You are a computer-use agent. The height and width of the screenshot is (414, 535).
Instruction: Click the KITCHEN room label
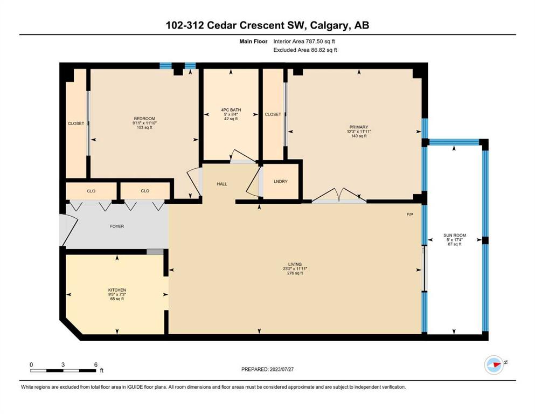click(x=117, y=290)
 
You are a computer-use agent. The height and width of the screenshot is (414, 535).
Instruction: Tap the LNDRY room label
click(x=281, y=182)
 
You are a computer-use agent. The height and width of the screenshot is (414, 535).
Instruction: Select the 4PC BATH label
click(x=231, y=110)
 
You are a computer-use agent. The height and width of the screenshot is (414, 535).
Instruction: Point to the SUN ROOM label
click(x=455, y=235)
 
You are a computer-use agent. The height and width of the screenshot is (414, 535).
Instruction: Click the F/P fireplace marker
click(x=410, y=215)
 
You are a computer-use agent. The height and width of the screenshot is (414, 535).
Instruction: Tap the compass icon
click(x=494, y=364)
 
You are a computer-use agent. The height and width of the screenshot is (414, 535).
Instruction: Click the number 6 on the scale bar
click(x=96, y=364)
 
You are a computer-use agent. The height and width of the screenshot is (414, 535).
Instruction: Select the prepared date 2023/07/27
click(x=281, y=369)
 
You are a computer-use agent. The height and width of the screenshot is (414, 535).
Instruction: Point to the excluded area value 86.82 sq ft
click(x=323, y=50)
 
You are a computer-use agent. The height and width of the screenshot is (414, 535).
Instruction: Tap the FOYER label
click(x=117, y=226)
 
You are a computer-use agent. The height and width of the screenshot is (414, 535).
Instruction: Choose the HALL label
click(x=222, y=184)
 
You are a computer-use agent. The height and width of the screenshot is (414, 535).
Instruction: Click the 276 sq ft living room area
click(x=295, y=273)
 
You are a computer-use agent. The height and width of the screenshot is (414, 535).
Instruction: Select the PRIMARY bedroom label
click(x=359, y=127)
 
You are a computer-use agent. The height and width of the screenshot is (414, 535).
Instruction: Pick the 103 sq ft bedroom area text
click(x=145, y=127)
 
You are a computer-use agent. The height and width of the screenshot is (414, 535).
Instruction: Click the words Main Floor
click(x=253, y=42)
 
